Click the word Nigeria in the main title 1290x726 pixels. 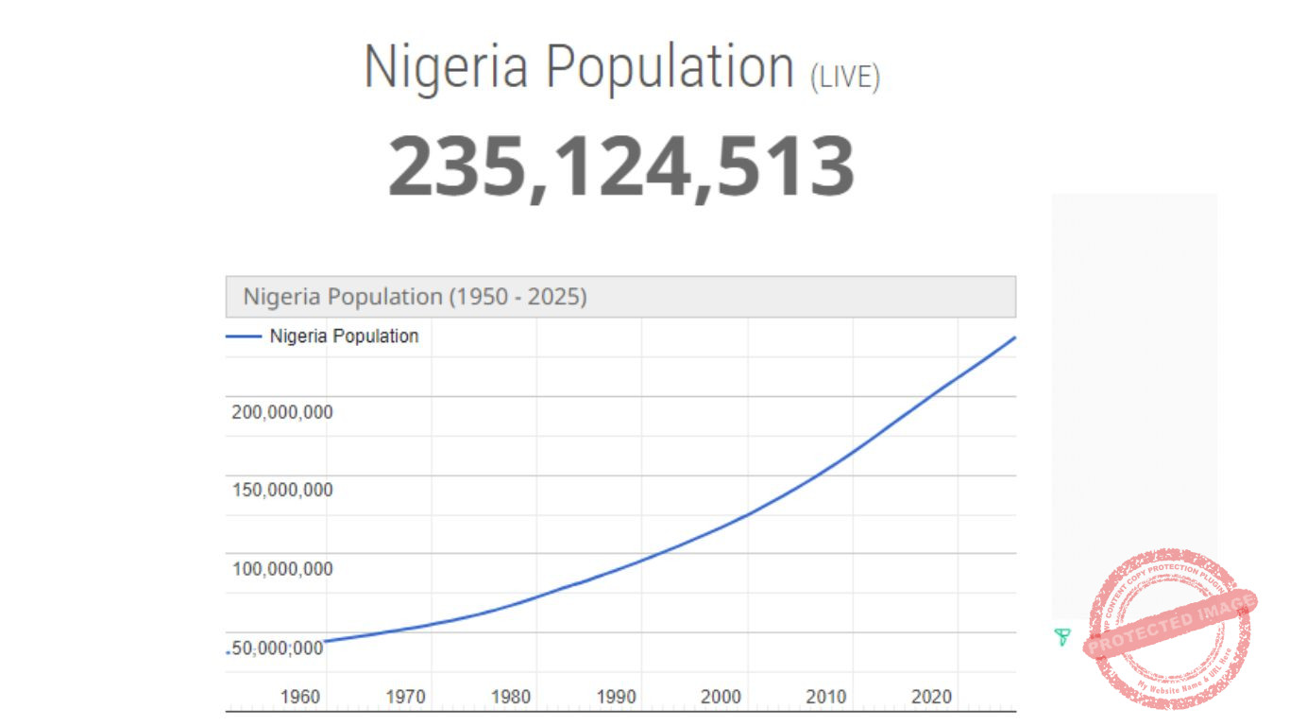pyautogui.click(x=445, y=68)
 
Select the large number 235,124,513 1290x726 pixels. pyautogui.click(x=621, y=166)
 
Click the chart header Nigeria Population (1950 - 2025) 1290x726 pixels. pyautogui.click(x=416, y=297)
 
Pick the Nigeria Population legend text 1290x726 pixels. pyautogui.click(x=344, y=336)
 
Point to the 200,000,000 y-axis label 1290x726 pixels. pyautogui.click(x=282, y=412)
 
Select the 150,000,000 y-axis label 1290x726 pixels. pyautogui.click(x=282, y=491)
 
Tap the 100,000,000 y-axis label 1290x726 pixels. pyautogui.click(x=282, y=569)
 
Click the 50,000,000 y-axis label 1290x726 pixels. pyautogui.click(x=279, y=648)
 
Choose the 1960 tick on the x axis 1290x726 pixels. pyautogui.click(x=300, y=698)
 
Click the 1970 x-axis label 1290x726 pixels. pyautogui.click(x=406, y=698)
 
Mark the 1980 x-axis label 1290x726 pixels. pyautogui.click(x=511, y=698)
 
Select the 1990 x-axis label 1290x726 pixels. pyautogui.click(x=617, y=698)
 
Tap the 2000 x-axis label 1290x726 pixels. pyautogui.click(x=721, y=698)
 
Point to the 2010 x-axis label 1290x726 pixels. pyautogui.click(x=826, y=698)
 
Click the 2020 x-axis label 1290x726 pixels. pyautogui.click(x=931, y=698)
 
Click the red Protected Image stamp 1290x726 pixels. pyautogui.click(x=1170, y=629)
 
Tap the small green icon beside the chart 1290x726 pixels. pyautogui.click(x=1062, y=637)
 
